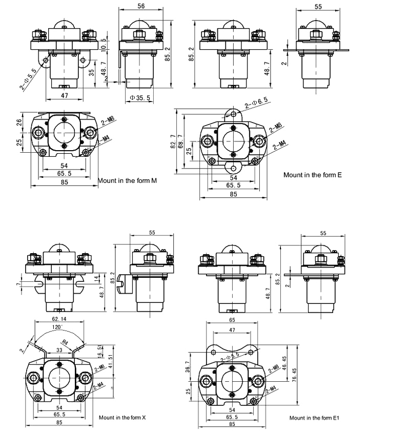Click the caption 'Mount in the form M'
click(x=127, y=181)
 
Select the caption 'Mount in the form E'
click(x=313, y=175)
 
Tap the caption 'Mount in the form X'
click(x=122, y=418)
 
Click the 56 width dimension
click(x=141, y=5)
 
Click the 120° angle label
click(x=57, y=326)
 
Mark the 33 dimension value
click(x=60, y=350)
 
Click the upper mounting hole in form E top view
click(x=234, y=114)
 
